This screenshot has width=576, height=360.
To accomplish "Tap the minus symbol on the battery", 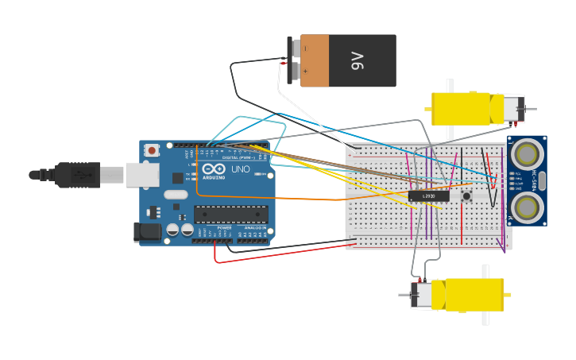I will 305,48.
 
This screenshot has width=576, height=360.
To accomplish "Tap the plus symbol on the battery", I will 305,71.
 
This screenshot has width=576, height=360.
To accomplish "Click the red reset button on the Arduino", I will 152,149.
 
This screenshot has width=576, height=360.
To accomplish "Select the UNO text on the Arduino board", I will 240,169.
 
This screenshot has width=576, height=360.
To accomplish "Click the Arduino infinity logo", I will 213,169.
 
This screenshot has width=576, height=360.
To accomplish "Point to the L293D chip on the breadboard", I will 429,195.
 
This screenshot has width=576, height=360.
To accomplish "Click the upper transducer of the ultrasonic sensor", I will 526,152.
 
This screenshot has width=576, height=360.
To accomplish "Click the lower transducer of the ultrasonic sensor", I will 526,207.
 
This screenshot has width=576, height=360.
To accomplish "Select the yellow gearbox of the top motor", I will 461,109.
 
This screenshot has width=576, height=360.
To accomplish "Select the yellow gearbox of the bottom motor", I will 474,294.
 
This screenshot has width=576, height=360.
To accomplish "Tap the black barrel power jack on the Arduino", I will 148,231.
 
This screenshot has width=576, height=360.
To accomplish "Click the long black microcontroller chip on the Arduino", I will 230,215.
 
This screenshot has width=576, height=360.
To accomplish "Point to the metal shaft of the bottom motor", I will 405,295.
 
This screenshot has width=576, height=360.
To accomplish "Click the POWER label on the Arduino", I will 224,228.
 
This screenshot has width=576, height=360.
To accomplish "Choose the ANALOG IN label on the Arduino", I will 254,228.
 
